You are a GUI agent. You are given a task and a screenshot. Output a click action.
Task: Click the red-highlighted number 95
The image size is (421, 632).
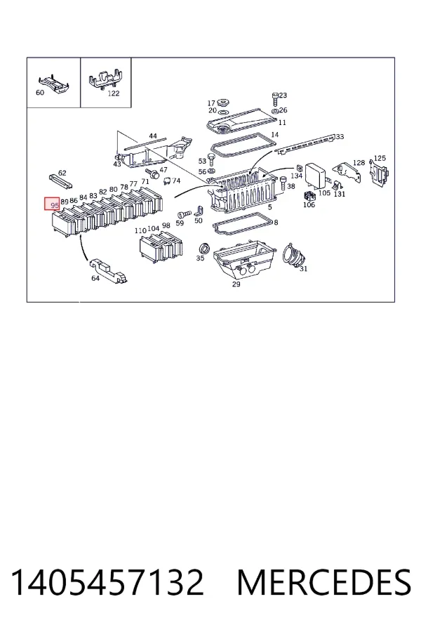55,205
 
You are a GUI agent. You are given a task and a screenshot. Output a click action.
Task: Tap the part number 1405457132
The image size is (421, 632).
107,582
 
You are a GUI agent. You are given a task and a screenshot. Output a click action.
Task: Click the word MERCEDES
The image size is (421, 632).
324,582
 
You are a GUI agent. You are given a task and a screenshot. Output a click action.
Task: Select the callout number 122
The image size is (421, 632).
114,93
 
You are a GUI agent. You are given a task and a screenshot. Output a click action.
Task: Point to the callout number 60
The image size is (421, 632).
40,93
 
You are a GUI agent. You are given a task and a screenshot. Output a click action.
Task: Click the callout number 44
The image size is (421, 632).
153,136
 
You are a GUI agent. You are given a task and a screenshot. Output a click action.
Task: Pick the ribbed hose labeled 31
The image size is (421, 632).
295,255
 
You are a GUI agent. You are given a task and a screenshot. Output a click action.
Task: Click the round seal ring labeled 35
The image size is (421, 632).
204,249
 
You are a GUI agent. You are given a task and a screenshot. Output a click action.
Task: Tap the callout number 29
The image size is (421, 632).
236,284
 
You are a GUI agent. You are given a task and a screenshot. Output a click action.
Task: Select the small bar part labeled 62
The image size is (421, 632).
60,182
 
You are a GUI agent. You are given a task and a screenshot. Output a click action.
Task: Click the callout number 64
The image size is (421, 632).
95,278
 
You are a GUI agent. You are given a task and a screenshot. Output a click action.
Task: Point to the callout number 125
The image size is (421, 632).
380,159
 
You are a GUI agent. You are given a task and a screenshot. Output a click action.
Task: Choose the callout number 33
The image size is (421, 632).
340,137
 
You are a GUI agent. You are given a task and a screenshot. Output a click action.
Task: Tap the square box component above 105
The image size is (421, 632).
316,173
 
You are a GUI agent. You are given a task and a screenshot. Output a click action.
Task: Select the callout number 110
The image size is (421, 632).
140,231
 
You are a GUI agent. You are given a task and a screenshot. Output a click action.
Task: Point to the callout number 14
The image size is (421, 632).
275,135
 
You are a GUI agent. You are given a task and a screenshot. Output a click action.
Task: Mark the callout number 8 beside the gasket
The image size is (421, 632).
276,222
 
